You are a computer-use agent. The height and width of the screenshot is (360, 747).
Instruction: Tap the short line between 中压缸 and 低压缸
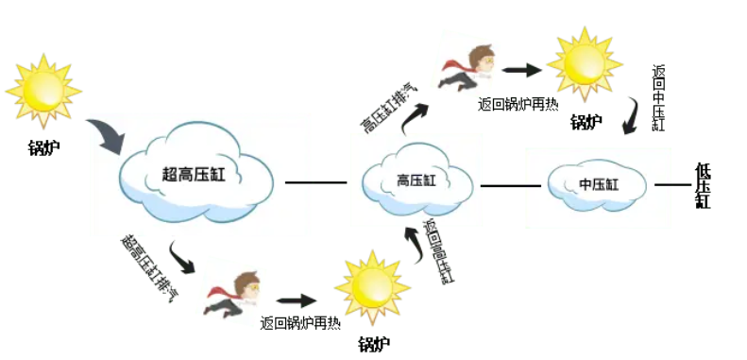[672, 184]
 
